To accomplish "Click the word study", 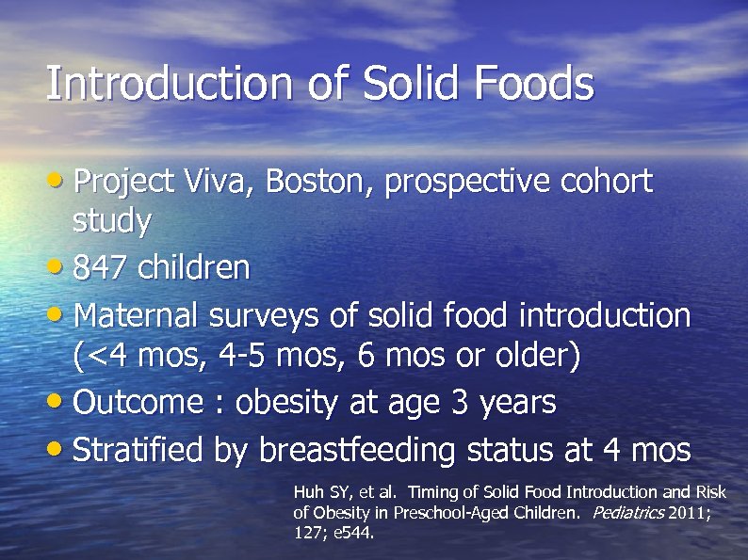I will [111, 222].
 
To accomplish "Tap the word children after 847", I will [194, 268].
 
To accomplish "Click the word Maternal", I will [135, 315].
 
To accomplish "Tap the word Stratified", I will [138, 450].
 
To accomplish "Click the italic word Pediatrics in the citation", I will [627, 513].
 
